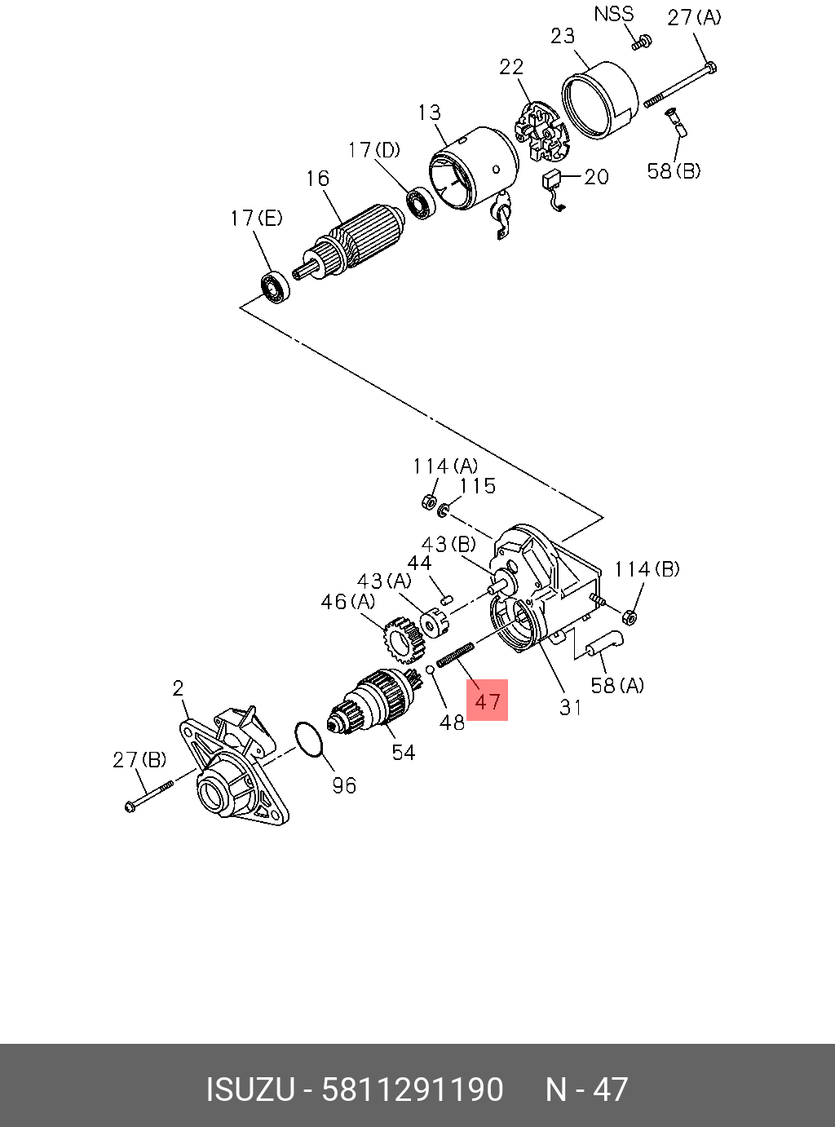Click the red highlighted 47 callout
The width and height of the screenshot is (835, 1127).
[487, 701]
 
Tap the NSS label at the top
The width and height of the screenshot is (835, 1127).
[613, 14]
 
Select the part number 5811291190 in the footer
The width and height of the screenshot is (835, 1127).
[413, 1089]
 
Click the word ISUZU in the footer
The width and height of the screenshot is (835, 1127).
[250, 1089]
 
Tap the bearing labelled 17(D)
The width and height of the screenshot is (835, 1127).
[421, 203]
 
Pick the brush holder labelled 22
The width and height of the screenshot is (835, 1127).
[541, 130]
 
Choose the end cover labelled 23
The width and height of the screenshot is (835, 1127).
[600, 99]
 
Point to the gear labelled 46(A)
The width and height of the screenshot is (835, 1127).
[404, 639]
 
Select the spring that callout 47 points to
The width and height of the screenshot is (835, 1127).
[455, 655]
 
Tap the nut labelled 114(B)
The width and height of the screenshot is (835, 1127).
[630, 617]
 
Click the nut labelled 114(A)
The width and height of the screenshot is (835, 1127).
[427, 502]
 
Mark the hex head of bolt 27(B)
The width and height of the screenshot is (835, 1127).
[131, 806]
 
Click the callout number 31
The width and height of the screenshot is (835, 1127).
[571, 708]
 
